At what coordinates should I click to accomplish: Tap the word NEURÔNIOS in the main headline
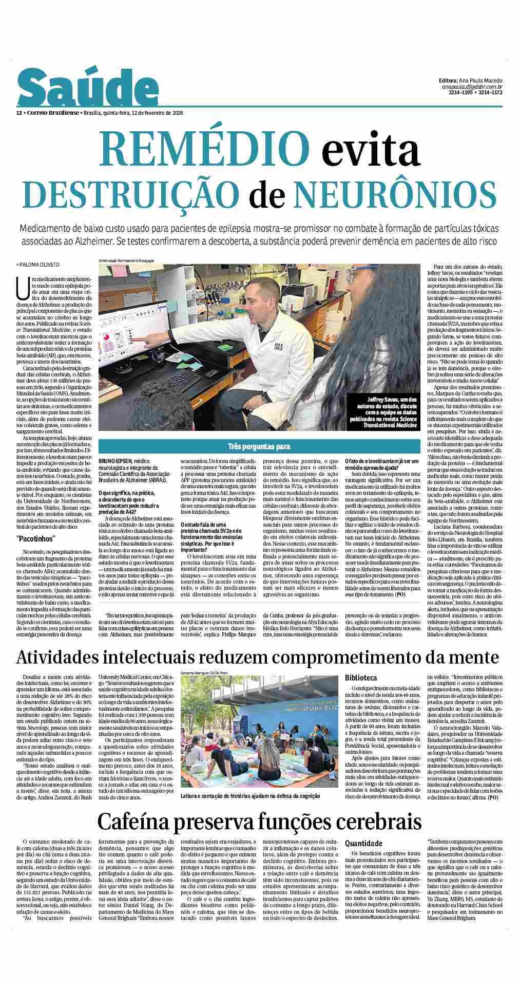coord(395,192)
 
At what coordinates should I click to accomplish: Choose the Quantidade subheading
coord(363,843)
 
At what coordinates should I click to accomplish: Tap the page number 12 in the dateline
coord(18,113)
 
